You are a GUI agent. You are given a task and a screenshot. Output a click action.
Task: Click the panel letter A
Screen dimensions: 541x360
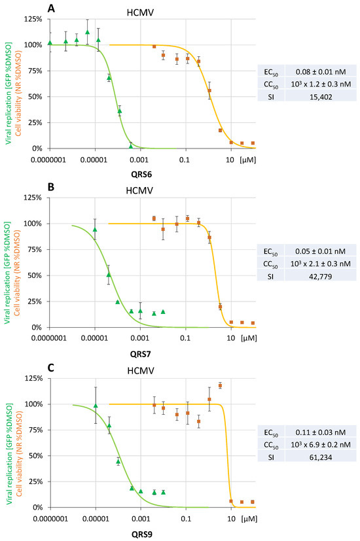(x=52, y=8)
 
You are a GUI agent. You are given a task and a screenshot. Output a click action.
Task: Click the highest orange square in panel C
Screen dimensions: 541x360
(x=220, y=385)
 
